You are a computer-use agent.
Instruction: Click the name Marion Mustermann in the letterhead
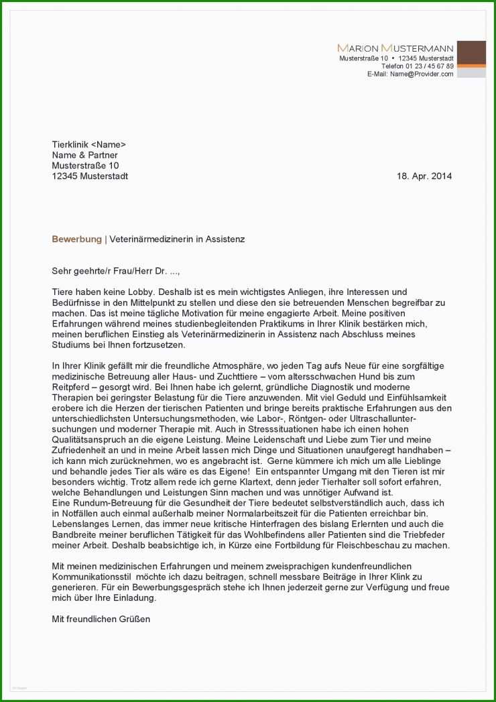(x=395, y=48)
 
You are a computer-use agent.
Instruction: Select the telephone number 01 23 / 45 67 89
(x=427, y=66)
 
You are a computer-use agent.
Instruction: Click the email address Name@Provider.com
(x=422, y=74)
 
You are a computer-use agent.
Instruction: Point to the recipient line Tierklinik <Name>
(x=88, y=144)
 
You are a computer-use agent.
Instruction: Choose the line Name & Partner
(x=84, y=155)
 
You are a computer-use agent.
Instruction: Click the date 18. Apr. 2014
(x=424, y=176)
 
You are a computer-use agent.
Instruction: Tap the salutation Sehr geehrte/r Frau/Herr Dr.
(x=115, y=271)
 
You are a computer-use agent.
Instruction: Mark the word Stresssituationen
(x=252, y=430)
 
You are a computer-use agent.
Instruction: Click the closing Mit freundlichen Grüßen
(x=101, y=620)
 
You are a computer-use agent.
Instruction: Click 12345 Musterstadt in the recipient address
(x=90, y=176)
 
